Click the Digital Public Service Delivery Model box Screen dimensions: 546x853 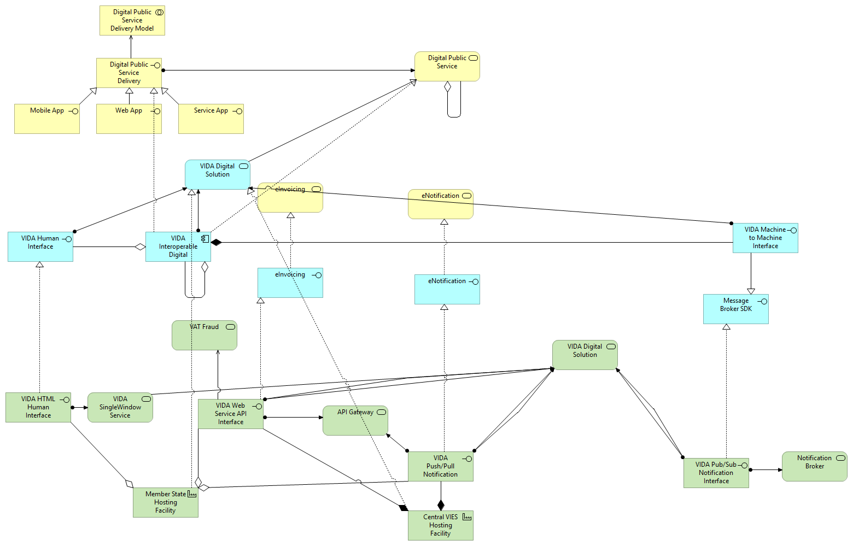tap(132, 21)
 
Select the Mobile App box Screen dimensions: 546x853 tap(46, 119)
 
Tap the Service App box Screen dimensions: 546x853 tap(211, 119)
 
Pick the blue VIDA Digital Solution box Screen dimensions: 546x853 tap(217, 174)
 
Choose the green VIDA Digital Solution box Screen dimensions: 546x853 tap(585, 355)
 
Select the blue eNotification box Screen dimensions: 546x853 tap(447, 289)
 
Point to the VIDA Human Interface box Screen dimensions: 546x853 tap(40, 246)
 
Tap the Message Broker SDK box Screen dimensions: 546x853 tap(735, 309)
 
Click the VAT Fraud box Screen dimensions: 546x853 tap(204, 335)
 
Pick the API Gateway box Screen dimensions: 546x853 tap(355, 420)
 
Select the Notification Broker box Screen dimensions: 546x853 tap(814, 466)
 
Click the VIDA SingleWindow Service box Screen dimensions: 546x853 tap(120, 407)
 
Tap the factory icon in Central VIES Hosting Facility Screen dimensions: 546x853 tap(466, 516)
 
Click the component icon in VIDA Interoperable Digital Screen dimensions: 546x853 tap(205, 238)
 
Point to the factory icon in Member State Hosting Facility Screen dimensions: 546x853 tap(192, 494)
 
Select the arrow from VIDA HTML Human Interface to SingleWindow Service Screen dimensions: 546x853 tap(80, 407)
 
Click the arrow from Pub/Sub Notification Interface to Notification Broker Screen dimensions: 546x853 tap(766, 469)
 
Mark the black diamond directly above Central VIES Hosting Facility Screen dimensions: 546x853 tap(441, 505)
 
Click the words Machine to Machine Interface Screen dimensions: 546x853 tap(765, 238)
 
